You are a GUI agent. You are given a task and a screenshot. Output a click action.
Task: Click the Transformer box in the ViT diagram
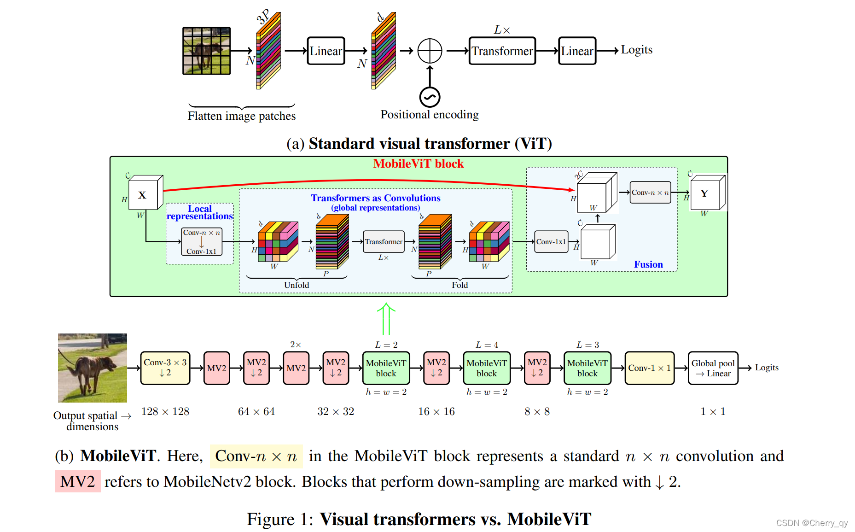(x=502, y=51)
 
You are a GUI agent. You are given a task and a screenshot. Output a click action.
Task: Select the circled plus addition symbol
(x=430, y=51)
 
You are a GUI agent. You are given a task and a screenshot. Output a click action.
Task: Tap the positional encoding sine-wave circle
(x=430, y=97)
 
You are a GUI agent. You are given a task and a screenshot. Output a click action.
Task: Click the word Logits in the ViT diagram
(x=636, y=50)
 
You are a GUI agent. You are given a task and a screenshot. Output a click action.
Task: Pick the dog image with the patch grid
(x=206, y=51)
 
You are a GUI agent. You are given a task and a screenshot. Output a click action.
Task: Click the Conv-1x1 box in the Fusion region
(x=551, y=242)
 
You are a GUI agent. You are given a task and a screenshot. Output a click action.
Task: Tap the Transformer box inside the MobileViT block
(x=384, y=242)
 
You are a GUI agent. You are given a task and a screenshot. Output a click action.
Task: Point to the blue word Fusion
(x=648, y=264)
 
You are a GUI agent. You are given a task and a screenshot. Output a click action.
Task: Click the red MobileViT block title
(x=418, y=164)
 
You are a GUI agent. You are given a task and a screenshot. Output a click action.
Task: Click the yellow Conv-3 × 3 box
(x=165, y=368)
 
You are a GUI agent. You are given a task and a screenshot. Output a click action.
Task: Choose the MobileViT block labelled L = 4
(x=486, y=368)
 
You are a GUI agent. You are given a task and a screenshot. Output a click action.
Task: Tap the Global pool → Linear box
(x=713, y=368)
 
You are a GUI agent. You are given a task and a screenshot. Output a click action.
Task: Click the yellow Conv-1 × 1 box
(x=649, y=368)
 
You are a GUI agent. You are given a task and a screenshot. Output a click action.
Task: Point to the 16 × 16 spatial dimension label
(x=436, y=412)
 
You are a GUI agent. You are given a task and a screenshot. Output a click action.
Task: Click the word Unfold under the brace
(x=297, y=285)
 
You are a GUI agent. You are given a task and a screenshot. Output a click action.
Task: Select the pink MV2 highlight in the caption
(x=77, y=481)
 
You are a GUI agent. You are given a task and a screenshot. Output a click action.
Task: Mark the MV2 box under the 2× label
(x=296, y=368)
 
